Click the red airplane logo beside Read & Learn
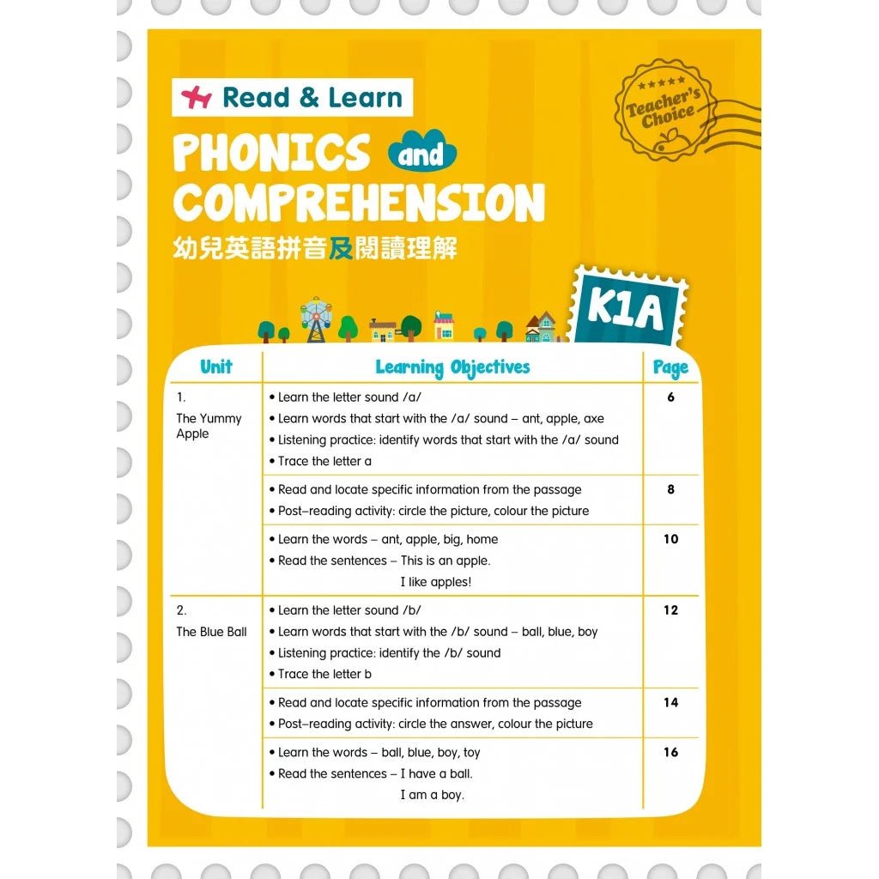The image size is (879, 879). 197,98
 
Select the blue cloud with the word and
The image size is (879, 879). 421,155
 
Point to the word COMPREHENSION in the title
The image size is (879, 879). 359,203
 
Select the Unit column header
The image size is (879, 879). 216,367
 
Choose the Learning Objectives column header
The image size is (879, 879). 452,368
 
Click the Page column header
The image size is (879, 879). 670,368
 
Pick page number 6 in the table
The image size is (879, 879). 670,397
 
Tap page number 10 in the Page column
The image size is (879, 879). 670,539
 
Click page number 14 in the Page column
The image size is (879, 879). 670,702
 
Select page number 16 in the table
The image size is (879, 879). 670,752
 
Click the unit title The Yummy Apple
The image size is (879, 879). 209,426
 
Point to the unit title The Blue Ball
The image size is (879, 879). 211,632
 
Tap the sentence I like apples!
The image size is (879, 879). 436,582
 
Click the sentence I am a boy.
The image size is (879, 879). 432,795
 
